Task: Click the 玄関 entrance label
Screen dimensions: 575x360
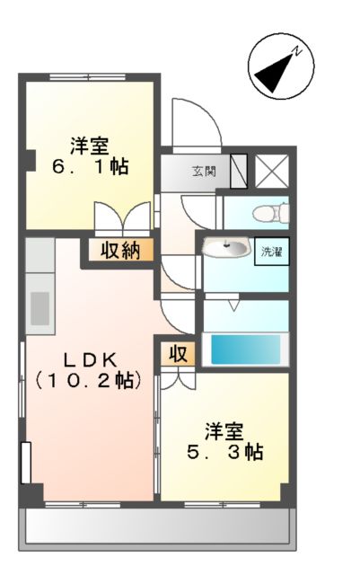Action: coord(203,172)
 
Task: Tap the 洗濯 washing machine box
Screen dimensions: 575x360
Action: coord(271,251)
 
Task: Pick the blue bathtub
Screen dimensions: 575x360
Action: coord(244,348)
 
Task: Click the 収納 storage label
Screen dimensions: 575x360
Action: coord(119,250)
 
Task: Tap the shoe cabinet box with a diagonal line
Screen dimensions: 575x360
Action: coord(240,171)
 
